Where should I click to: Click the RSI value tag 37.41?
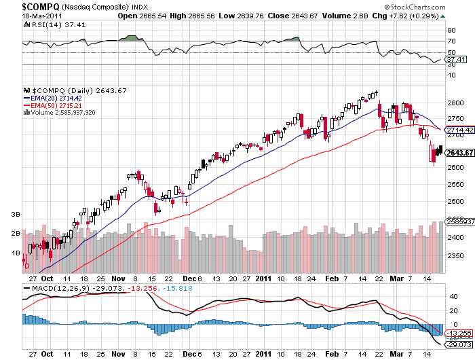coord(453,59)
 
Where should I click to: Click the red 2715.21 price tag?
coord(456,135)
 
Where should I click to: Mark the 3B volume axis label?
coord(13,214)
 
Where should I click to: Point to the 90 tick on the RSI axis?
coord(450,31)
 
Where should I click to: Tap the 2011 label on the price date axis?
coord(264,278)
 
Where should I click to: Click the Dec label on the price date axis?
coord(189,278)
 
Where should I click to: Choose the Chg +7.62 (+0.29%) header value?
coord(433,15)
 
